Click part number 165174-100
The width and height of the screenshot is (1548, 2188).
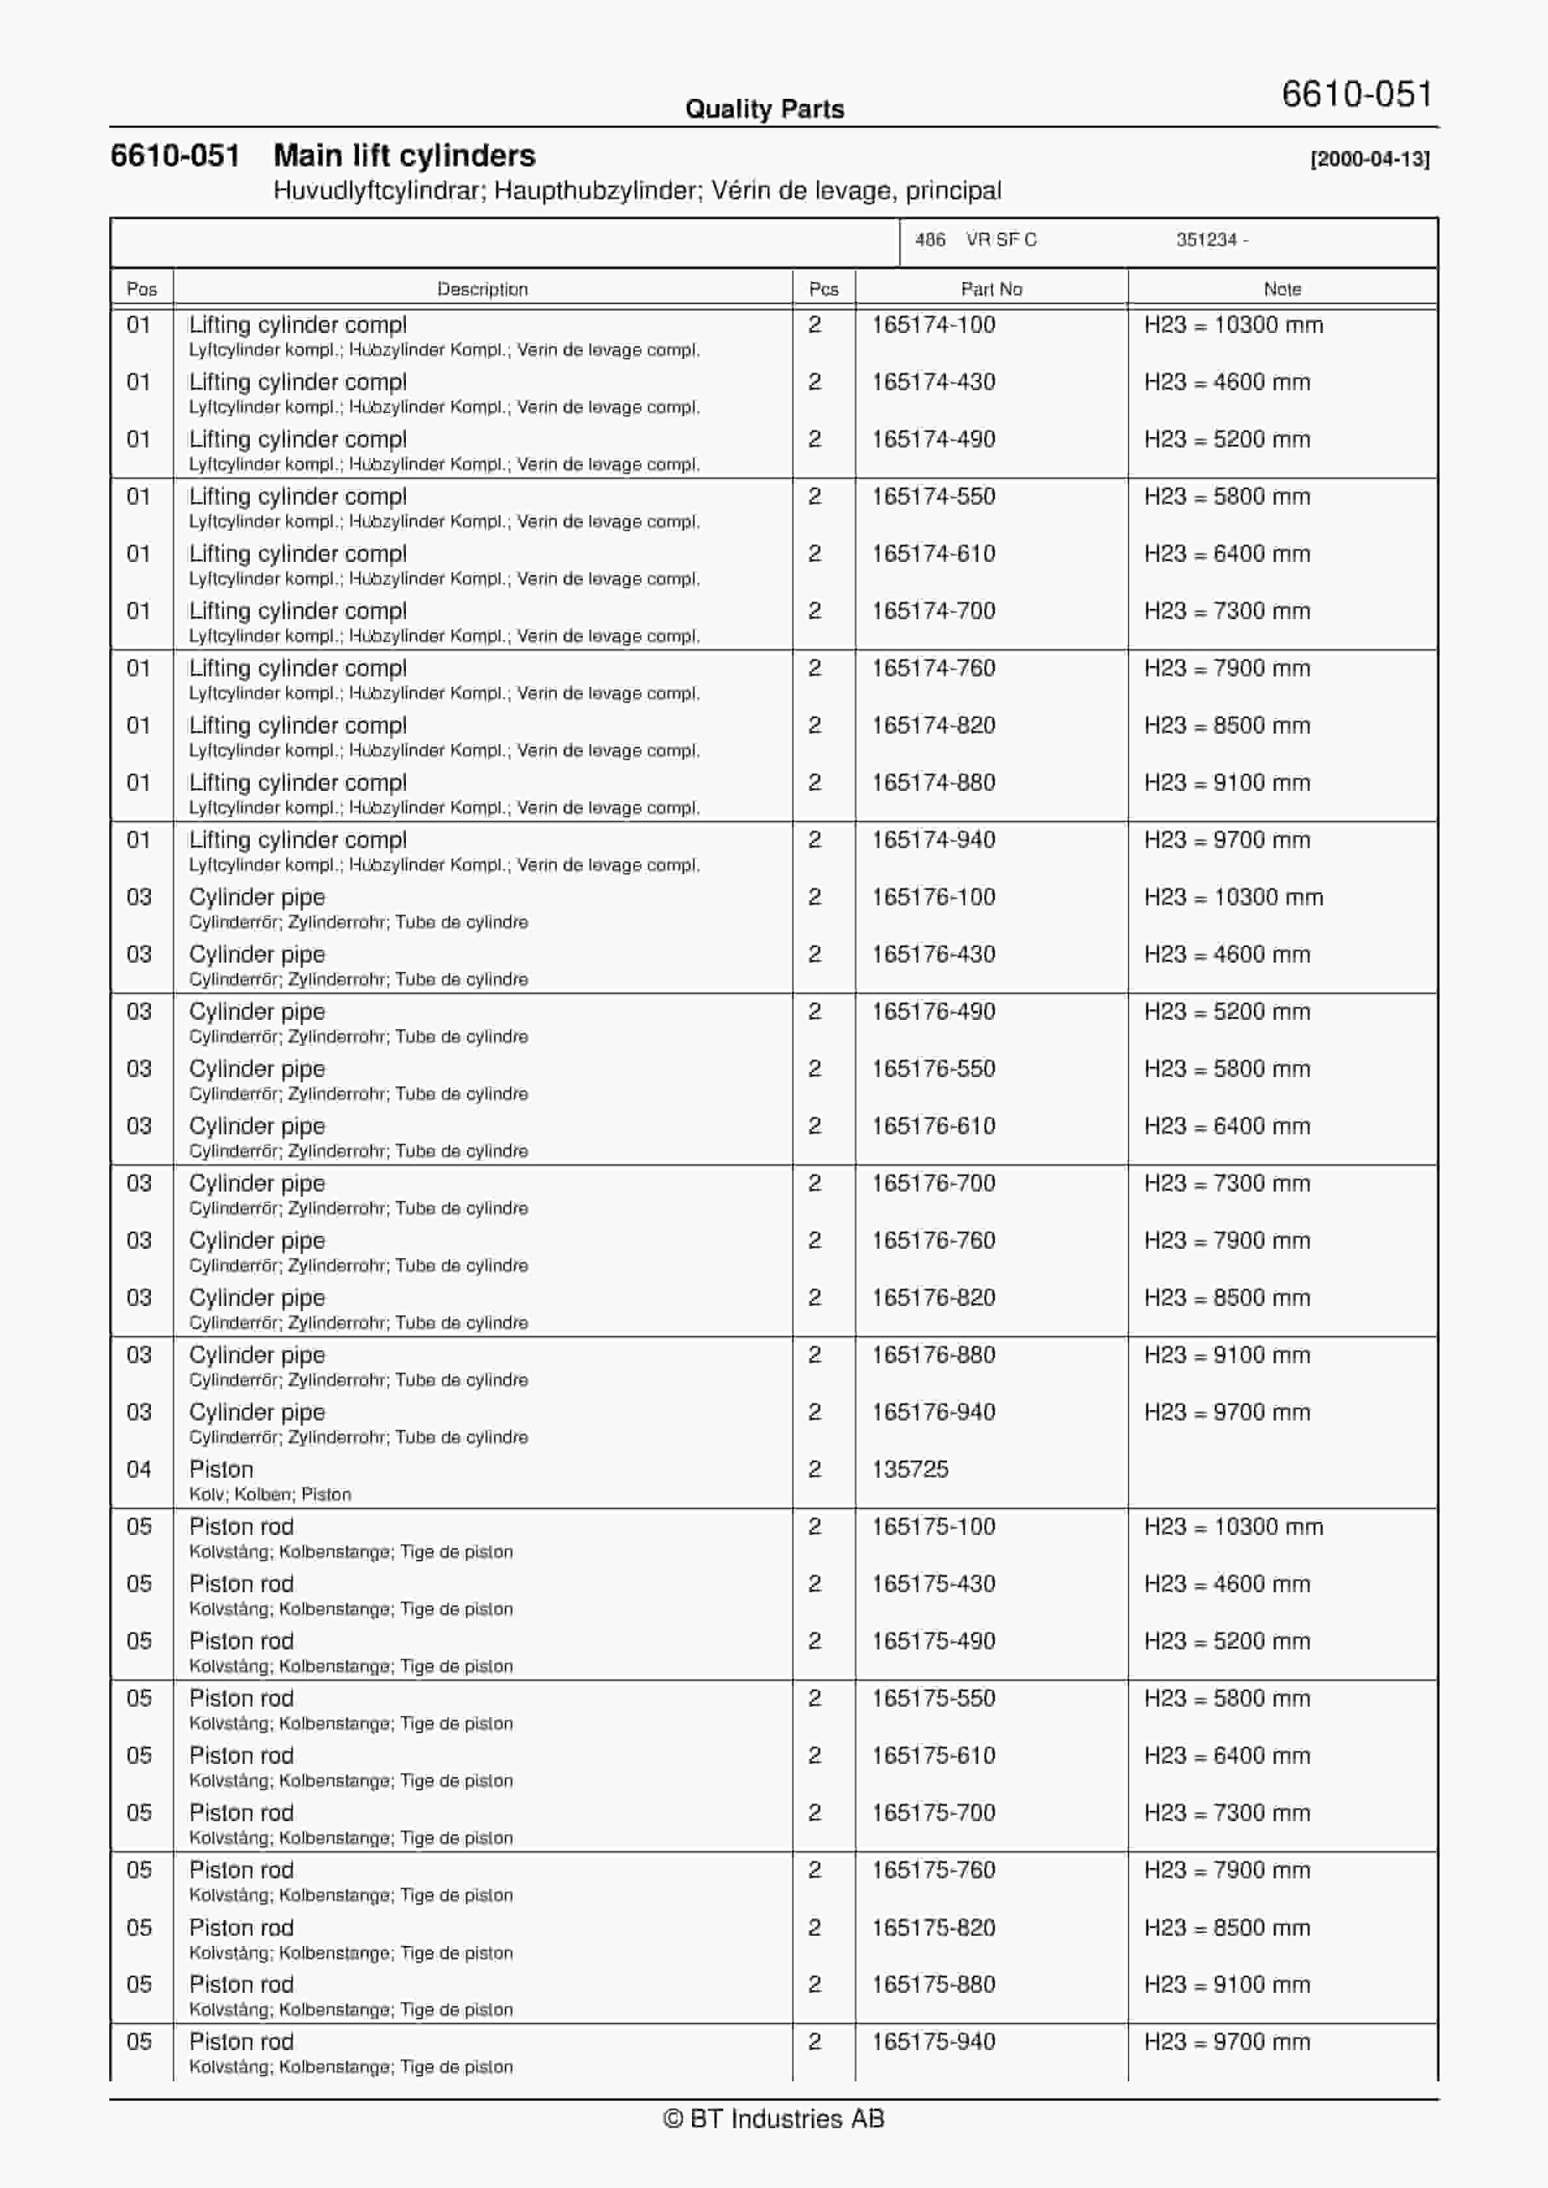click(x=933, y=325)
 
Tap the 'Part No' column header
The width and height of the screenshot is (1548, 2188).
click(x=991, y=289)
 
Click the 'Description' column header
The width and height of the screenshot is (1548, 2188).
click(x=483, y=289)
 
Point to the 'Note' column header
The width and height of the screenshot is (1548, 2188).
click(x=1282, y=289)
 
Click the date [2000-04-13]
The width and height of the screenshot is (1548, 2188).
click(x=1370, y=159)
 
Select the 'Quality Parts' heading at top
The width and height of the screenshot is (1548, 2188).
click(x=764, y=109)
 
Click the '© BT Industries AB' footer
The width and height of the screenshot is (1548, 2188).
click(x=774, y=2118)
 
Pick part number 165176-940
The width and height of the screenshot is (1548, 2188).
click(x=933, y=1412)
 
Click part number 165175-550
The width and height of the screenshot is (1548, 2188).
click(x=933, y=1698)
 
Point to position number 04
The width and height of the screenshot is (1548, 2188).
click(x=139, y=1469)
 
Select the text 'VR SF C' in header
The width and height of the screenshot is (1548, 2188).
click(x=1001, y=240)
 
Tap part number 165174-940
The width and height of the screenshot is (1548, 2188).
click(x=933, y=840)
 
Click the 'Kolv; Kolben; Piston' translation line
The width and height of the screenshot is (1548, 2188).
click(x=270, y=1494)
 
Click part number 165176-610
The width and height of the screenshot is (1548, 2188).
click(x=933, y=1125)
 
